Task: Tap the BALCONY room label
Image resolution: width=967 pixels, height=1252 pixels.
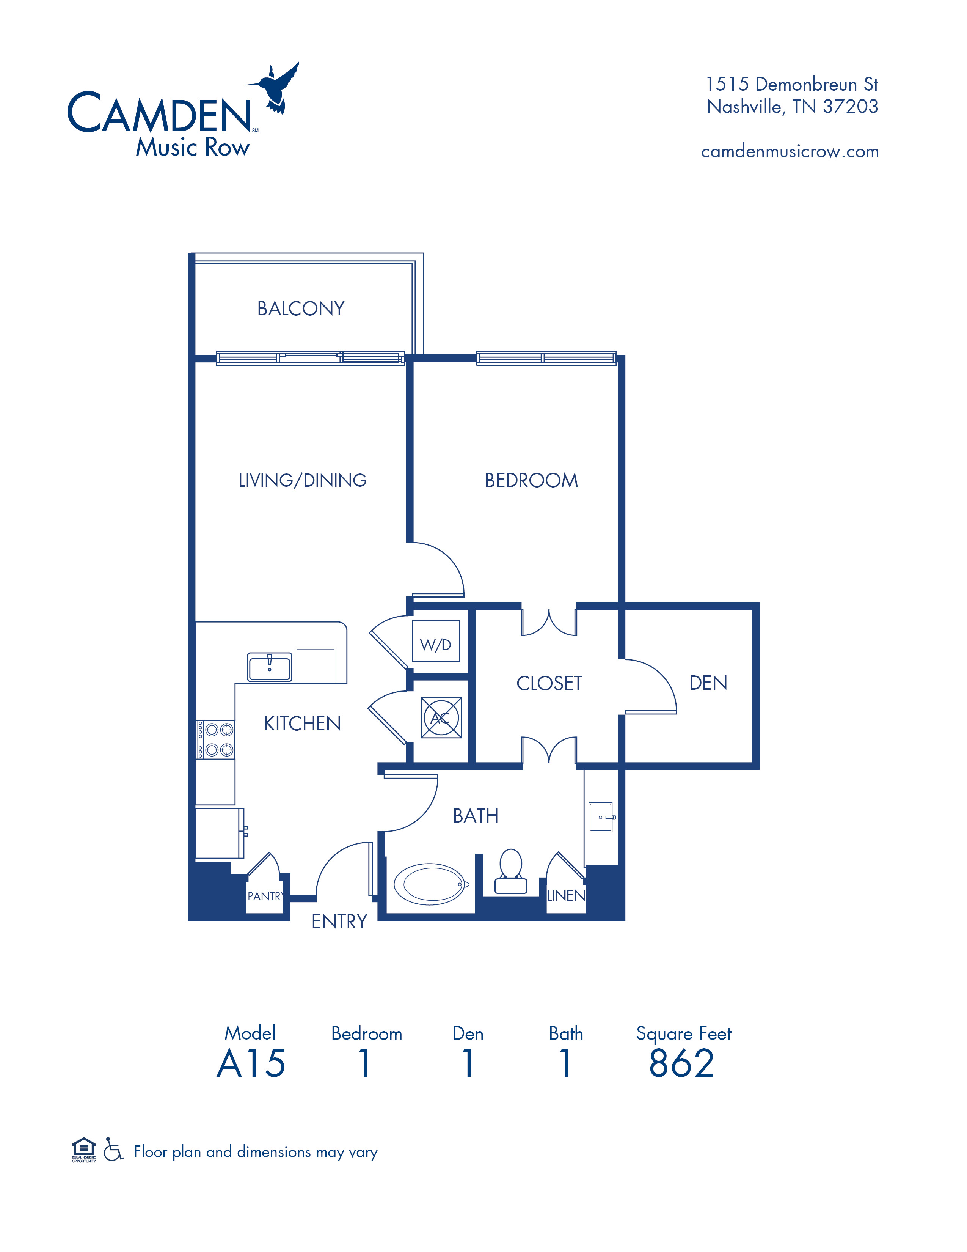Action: [301, 308]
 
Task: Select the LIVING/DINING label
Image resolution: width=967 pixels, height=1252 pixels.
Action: [303, 480]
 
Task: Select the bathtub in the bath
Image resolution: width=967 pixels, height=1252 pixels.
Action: [430, 884]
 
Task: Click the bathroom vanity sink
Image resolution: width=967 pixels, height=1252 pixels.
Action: [601, 817]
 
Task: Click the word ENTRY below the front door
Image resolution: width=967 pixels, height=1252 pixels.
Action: [339, 921]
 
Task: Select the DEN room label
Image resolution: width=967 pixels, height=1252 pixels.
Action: [709, 683]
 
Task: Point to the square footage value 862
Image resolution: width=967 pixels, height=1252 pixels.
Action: [682, 1063]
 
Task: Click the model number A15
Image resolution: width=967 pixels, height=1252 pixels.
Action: [251, 1063]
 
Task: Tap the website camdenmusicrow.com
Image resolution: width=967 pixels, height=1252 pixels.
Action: [790, 151]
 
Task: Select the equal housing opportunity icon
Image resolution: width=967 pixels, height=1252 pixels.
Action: [84, 1150]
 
